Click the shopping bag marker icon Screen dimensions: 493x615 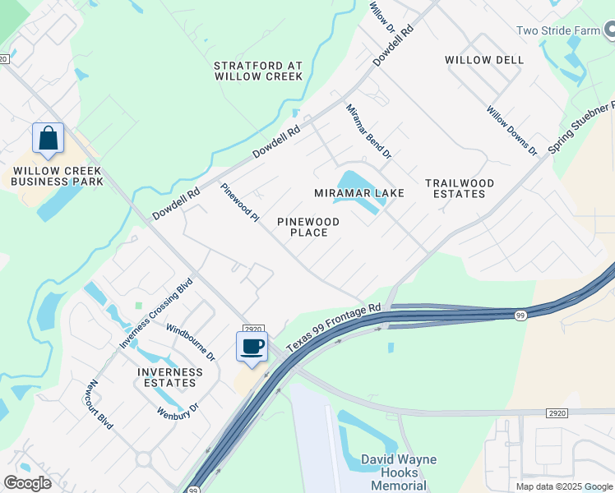point(48,139)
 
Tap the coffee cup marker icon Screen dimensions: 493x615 point(252,346)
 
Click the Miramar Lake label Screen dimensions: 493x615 point(358,193)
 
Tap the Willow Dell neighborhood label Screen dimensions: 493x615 point(483,60)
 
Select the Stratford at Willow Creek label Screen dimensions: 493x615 point(258,71)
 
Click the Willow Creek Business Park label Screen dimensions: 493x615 point(58,176)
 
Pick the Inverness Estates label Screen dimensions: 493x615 point(169,378)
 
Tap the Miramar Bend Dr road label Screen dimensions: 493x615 point(368,131)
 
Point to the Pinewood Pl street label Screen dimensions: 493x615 point(239,202)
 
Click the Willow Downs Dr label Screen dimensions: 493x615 point(511,131)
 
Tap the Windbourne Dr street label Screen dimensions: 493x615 point(191,342)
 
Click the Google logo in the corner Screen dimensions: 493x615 point(27,483)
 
